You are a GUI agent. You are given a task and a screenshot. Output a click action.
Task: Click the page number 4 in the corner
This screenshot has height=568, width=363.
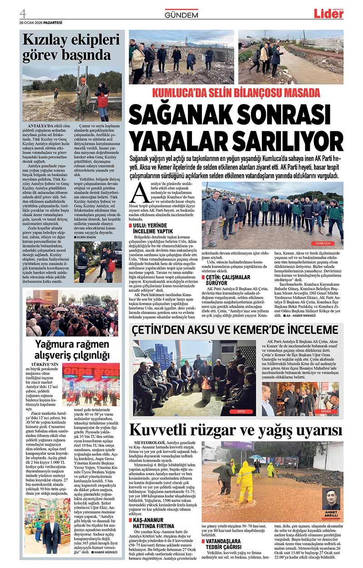click(x=23, y=13)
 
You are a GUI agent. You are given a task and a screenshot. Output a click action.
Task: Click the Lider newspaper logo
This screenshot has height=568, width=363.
click(x=329, y=14)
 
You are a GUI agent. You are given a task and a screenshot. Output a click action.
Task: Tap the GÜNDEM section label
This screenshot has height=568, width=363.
click(x=181, y=15)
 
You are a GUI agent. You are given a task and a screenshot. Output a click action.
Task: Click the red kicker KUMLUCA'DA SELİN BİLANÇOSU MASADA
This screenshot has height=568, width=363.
click(x=236, y=93)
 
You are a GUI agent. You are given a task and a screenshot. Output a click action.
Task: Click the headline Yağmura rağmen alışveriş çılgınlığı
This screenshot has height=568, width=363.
click(x=73, y=350)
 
